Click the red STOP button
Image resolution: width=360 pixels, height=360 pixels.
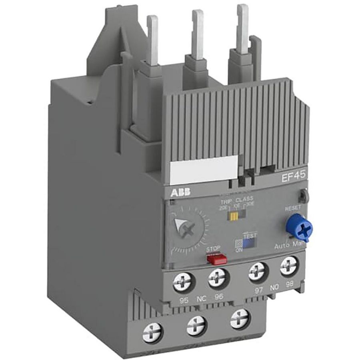(216, 259)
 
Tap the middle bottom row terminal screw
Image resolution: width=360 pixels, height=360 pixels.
(196, 324)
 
